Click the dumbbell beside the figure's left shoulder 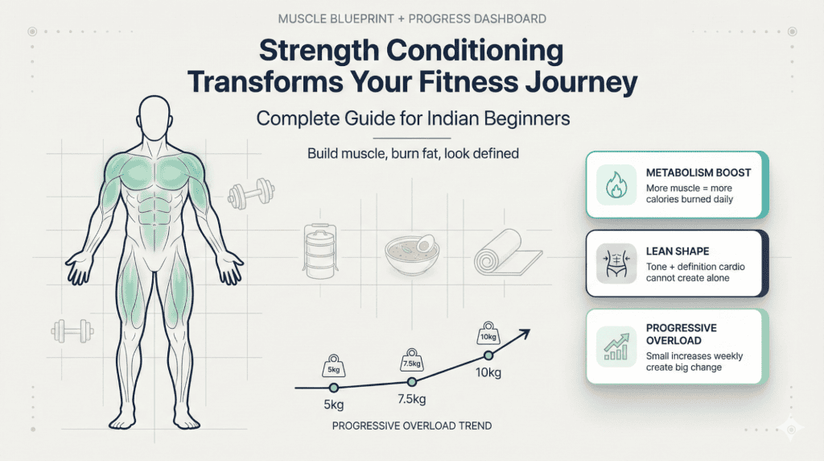[x=246, y=193]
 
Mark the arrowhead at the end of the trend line [x=527, y=330]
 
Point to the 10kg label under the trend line [x=488, y=373]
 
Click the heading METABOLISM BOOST [x=698, y=173]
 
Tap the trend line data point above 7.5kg [x=411, y=382]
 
